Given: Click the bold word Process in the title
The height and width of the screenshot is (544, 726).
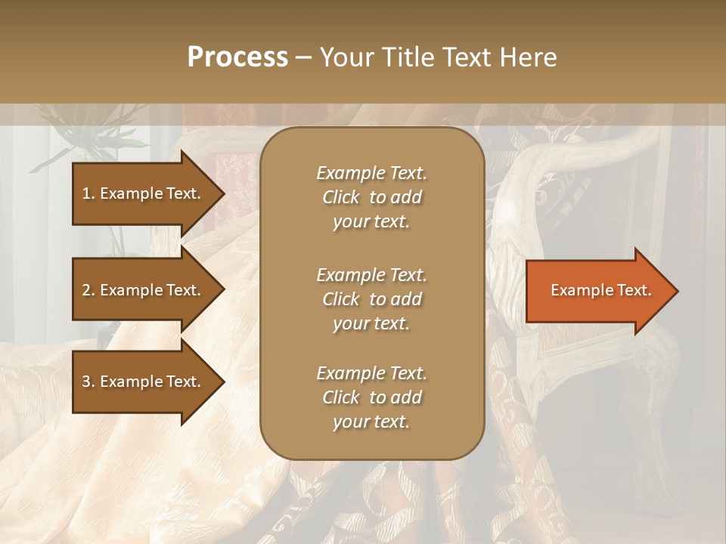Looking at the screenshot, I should [x=237, y=57].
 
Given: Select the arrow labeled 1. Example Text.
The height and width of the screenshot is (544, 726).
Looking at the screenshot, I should [x=144, y=193].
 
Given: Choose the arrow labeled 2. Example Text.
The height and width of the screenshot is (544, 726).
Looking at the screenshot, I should [x=144, y=290].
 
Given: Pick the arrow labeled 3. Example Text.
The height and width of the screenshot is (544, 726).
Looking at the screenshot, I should [x=144, y=382].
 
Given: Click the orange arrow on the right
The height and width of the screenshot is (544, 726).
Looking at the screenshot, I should [x=597, y=291].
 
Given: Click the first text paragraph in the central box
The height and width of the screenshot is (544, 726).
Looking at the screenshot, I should [x=371, y=197].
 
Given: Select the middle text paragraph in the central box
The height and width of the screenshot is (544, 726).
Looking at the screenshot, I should [x=371, y=299].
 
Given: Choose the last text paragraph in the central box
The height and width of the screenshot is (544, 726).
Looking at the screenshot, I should [x=371, y=397].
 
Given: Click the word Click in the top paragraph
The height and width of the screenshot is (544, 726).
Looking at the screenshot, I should [x=341, y=197].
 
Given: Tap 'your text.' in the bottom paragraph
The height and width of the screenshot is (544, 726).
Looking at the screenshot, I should [x=371, y=422].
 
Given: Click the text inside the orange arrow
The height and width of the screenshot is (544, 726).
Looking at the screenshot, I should [x=600, y=290].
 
